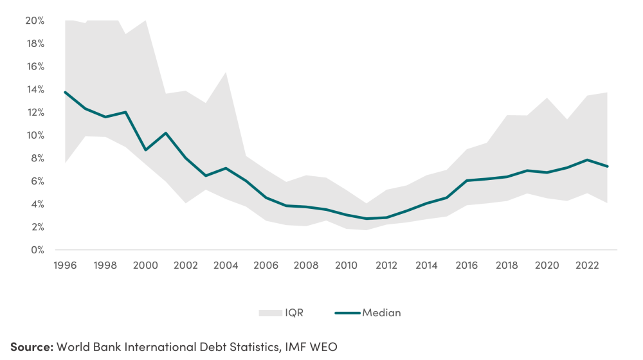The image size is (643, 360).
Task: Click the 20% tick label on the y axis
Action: [x=35, y=21]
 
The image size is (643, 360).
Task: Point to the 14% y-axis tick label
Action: [x=35, y=89]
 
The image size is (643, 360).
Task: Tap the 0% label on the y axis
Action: [x=37, y=250]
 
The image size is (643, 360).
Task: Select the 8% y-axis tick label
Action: [x=37, y=158]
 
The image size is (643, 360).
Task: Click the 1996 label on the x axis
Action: [x=65, y=265]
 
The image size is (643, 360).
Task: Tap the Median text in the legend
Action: [x=381, y=313]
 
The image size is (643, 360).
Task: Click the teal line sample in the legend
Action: [x=347, y=313]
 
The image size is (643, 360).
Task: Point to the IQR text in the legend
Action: [x=294, y=313]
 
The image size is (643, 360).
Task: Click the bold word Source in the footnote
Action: [x=31, y=346]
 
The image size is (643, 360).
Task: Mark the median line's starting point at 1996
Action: [x=65, y=92]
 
